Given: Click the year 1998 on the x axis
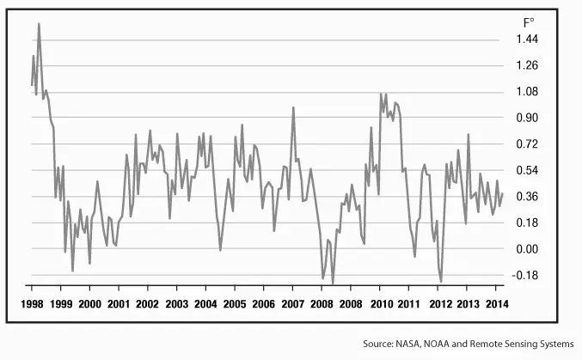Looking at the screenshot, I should [32, 305].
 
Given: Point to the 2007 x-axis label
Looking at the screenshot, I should [293, 305].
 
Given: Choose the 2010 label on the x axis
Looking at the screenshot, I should [381, 305].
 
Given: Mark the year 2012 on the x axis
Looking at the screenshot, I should [439, 305].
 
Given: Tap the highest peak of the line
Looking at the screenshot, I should [39, 24].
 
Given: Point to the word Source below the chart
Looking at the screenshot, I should [381, 344].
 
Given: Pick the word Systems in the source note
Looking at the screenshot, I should [554, 344].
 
